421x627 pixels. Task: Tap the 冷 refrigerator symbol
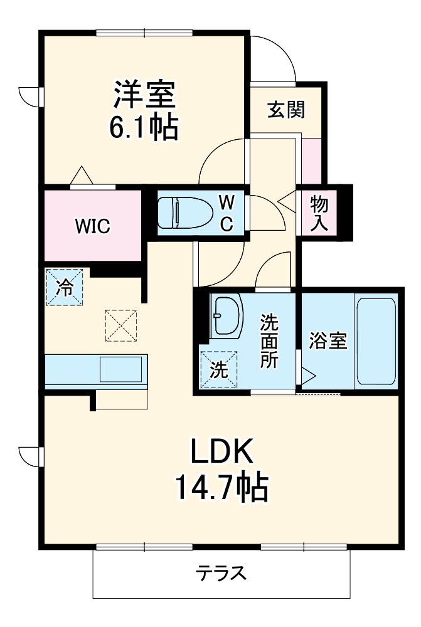[64, 287]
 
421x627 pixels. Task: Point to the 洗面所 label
[270, 342]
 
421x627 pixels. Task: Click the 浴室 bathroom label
[328, 342]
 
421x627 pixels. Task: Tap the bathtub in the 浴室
[376, 342]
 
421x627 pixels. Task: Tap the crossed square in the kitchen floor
[121, 325]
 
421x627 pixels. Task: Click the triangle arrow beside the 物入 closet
[287, 202]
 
